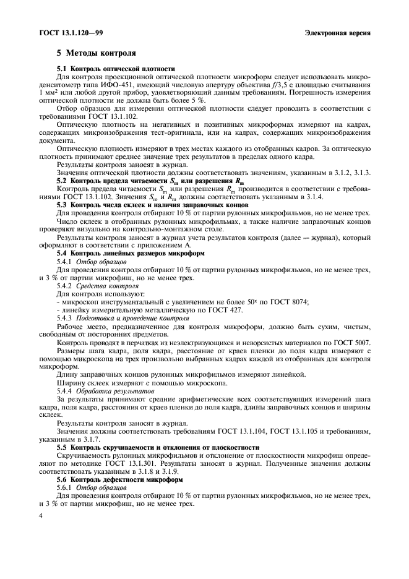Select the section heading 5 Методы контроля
(96, 54)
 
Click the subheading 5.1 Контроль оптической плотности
(116, 69)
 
